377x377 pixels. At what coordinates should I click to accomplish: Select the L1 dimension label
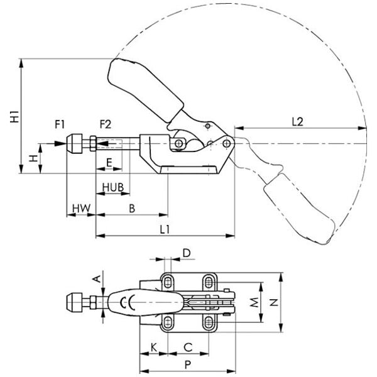click(165, 229)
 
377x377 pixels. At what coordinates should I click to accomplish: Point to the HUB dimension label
click(112, 187)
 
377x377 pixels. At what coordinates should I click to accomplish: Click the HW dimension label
click(81, 207)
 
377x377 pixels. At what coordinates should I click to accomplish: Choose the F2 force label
click(105, 124)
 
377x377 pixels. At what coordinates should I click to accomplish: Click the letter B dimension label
click(132, 207)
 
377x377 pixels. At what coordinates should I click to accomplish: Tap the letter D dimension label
click(185, 253)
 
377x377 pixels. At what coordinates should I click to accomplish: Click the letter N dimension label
click(273, 302)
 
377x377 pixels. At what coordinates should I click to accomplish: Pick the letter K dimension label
click(153, 346)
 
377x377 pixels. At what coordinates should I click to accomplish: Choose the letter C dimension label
click(187, 346)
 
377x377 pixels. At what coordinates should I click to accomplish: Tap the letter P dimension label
click(186, 364)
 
